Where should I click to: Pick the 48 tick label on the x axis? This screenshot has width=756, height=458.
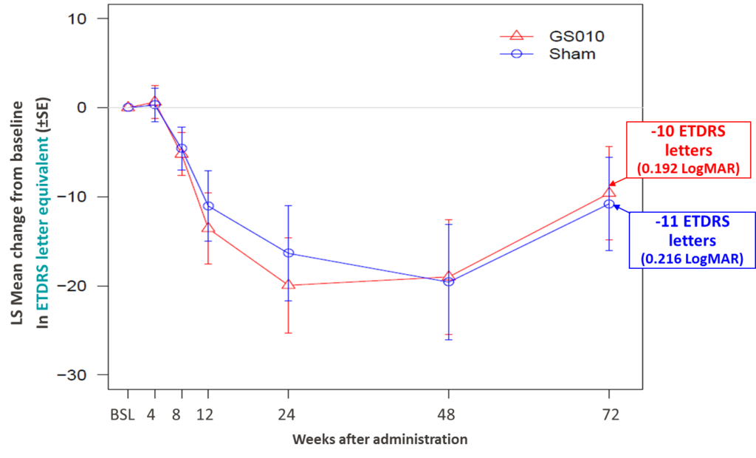[448, 414]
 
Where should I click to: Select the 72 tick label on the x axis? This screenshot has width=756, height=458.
[609, 414]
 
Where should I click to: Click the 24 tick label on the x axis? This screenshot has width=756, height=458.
[288, 414]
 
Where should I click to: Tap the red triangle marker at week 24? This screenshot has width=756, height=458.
[288, 284]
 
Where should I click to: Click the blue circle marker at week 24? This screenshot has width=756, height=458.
[288, 253]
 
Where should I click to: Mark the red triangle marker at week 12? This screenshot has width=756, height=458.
[208, 228]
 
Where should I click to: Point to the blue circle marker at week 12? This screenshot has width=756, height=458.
[208, 206]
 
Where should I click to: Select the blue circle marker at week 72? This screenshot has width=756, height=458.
[609, 204]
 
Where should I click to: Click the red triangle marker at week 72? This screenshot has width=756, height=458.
[609, 192]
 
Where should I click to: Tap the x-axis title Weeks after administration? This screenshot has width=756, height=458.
[379, 440]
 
